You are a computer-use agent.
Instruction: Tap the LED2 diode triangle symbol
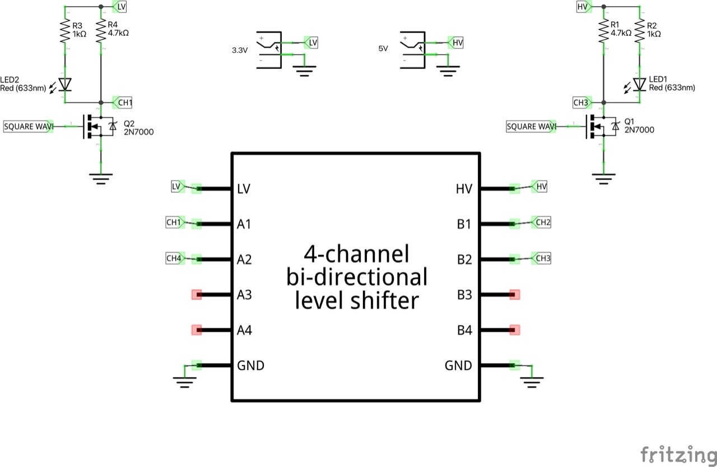(65, 84)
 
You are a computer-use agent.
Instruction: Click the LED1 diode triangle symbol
(639, 84)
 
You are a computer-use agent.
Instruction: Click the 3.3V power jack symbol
(269, 50)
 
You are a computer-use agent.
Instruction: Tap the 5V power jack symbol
(413, 50)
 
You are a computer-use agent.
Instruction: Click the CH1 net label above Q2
(123, 102)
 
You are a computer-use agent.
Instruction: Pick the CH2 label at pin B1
(542, 223)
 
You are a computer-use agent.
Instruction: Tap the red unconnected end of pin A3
(196, 294)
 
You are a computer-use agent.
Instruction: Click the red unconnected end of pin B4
(515, 330)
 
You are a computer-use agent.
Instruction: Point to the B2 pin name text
(464, 260)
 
